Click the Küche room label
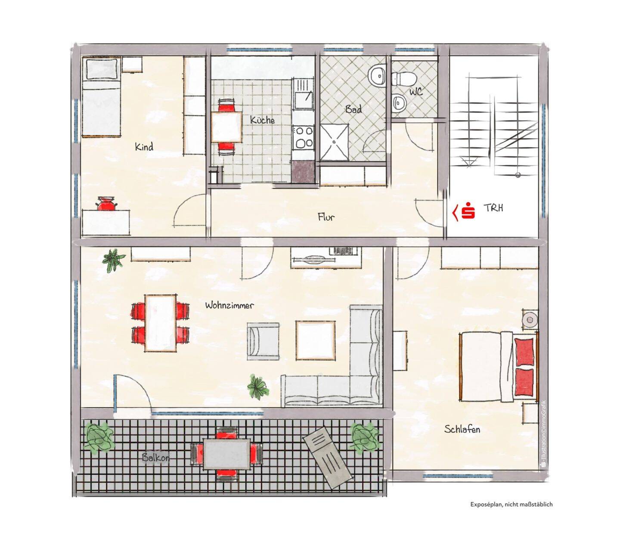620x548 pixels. pos(262,120)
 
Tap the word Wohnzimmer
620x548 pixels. pos(229,305)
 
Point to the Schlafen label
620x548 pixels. pos(462,429)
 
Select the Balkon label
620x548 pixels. pos(155,458)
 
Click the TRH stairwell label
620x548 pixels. pos(493,208)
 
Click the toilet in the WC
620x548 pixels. pos(403,79)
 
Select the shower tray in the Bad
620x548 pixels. pos(334,142)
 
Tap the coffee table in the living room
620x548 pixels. pos(315,340)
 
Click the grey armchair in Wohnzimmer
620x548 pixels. pos(263,341)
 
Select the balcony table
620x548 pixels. pos(226,454)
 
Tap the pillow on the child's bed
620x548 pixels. pos(102,68)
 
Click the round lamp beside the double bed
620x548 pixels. pos(530,320)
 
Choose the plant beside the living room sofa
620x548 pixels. pos(258,387)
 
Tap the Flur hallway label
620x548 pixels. pos(326,217)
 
